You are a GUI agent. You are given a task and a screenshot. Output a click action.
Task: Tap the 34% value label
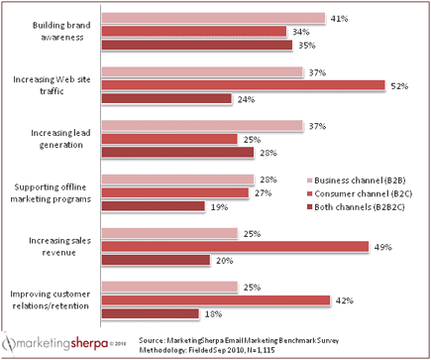coord(300,31)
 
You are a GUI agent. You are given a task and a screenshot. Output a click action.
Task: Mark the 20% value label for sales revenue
coord(224,260)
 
